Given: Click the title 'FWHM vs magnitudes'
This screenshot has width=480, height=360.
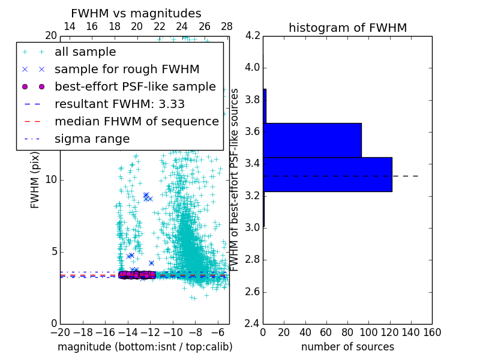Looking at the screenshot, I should [x=136, y=14].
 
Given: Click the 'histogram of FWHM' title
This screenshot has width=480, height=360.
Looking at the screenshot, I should [x=347, y=28].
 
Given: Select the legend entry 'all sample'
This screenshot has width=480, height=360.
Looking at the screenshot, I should [x=85, y=53].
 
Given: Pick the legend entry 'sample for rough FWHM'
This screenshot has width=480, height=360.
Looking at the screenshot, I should [x=127, y=70].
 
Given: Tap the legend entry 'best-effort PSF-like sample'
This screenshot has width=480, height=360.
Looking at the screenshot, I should [x=135, y=87].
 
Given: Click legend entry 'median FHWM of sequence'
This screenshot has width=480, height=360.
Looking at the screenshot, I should [x=136, y=122].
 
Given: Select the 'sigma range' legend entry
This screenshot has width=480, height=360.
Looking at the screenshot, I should [x=92, y=139].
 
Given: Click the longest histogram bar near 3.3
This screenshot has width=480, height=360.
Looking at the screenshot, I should [x=327, y=175].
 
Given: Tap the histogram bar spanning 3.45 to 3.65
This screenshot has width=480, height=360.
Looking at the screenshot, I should [x=312, y=140].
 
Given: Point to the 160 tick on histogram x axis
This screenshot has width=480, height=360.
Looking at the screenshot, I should [x=431, y=332].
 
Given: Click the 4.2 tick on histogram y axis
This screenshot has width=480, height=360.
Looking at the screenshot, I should [x=253, y=35].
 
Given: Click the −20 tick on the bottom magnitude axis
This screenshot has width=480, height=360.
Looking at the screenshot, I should [x=60, y=332].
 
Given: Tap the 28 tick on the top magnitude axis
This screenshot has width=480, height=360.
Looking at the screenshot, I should [x=227, y=26].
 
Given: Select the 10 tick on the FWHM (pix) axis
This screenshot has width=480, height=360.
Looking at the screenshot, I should [x=51, y=180].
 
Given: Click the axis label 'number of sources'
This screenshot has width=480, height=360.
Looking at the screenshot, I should [x=347, y=347].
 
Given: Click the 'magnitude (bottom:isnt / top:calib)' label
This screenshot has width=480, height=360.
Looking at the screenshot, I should [x=145, y=347].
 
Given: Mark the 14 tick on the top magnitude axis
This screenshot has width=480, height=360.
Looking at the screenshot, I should [x=69, y=26].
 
